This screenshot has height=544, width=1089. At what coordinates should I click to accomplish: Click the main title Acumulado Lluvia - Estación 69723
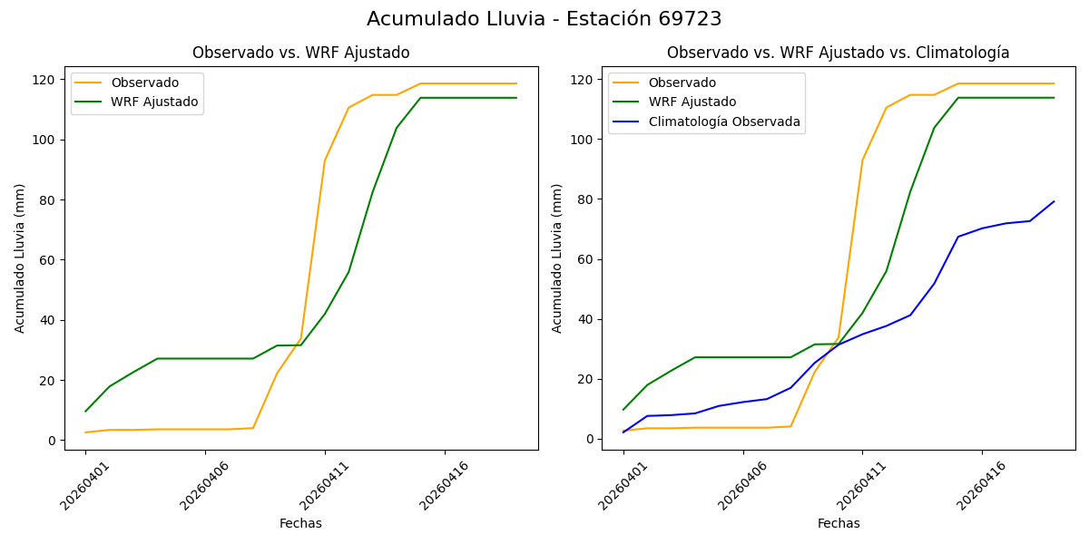[x=544, y=19]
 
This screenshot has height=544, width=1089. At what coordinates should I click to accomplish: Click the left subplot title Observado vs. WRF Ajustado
[x=300, y=53]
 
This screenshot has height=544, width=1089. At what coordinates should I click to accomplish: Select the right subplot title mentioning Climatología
[x=838, y=53]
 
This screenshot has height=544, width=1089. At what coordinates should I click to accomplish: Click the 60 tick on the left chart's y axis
[x=49, y=260]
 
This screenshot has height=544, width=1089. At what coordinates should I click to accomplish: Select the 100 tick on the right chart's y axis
[x=583, y=140]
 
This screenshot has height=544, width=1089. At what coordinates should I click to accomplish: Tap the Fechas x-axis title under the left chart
[x=300, y=523]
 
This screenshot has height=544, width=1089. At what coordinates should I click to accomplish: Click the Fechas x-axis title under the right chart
[x=839, y=523]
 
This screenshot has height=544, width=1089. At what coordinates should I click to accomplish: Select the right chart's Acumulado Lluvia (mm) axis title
[x=557, y=258]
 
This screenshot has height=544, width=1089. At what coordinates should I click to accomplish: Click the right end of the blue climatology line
[x=1054, y=201]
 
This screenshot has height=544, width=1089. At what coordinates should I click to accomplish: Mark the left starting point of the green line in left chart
[x=86, y=412]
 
